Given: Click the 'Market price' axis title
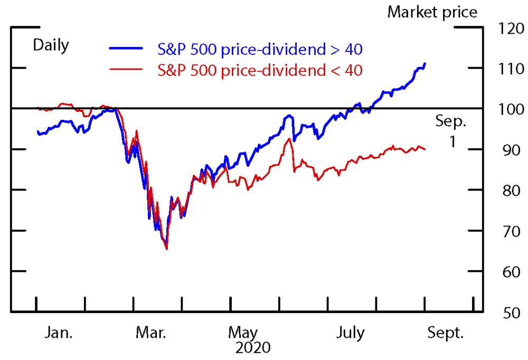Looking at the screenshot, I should (432, 12).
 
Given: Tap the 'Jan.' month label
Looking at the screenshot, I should (59, 333).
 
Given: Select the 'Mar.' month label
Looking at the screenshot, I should (152, 333).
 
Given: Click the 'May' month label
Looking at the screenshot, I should (243, 333).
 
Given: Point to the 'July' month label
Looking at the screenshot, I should (351, 333).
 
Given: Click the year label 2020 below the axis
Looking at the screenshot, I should (253, 348).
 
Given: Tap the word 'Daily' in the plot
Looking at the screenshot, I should (51, 45).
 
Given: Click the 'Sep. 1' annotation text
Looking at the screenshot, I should (451, 131).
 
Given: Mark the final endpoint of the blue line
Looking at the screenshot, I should (425, 63).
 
